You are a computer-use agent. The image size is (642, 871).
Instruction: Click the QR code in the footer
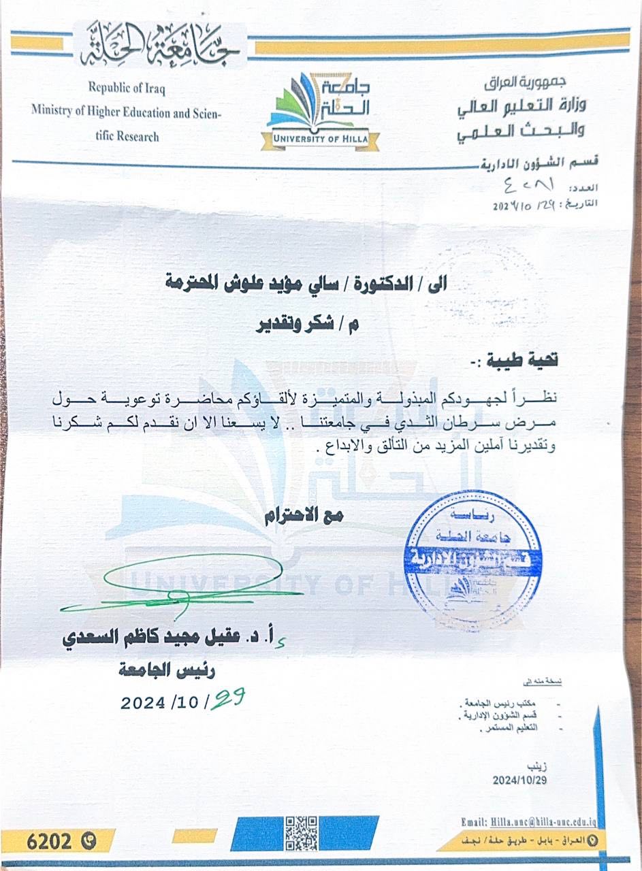click(302, 833)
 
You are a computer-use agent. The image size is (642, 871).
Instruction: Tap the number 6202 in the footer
click(49, 841)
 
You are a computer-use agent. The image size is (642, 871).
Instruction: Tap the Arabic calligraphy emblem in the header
click(160, 46)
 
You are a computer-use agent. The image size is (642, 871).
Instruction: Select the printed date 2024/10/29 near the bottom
click(519, 780)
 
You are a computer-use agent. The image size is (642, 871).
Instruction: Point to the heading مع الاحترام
click(304, 516)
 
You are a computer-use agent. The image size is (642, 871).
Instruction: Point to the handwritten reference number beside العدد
click(528, 184)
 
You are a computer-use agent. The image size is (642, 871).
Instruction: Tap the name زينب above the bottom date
click(536, 765)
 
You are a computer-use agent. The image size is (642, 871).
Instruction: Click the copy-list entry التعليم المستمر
click(513, 727)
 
